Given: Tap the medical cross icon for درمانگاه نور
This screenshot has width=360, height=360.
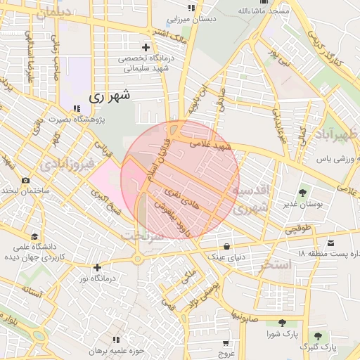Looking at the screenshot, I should pyautogui.click(x=98, y=267).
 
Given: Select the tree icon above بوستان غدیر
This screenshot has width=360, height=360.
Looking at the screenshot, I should pyautogui.click(x=303, y=192).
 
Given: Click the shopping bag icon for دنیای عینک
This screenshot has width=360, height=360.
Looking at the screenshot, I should pyautogui.click(x=226, y=246).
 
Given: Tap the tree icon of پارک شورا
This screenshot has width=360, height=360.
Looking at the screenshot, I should pyautogui.click(x=282, y=323).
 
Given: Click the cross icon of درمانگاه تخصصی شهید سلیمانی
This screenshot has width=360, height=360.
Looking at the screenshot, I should pyautogui.click(x=145, y=47).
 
